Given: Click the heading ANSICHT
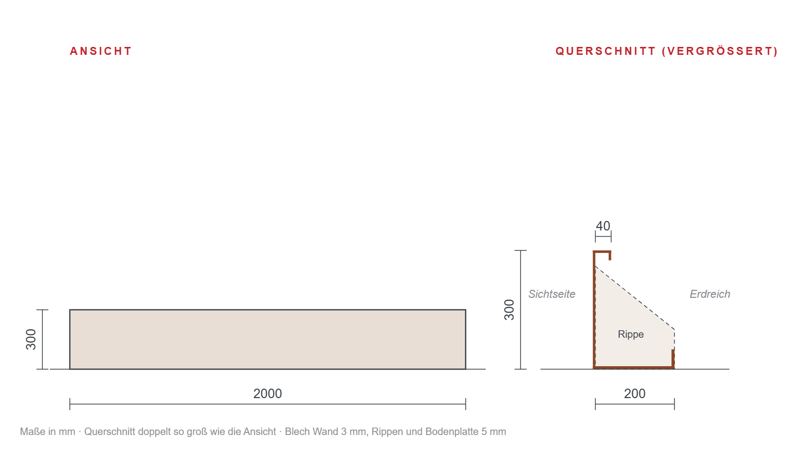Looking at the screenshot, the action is point(101,51).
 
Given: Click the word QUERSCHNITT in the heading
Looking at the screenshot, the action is point(605,51).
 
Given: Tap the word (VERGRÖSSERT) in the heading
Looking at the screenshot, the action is point(720,51).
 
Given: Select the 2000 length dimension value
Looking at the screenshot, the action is point(267,394).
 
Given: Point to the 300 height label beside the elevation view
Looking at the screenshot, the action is point(31,340).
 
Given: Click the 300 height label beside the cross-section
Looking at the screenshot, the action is point(509,310).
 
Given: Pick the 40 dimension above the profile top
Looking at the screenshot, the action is point(603,226).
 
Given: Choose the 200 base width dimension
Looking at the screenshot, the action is point(635,394).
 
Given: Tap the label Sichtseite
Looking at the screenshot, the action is point(552,294).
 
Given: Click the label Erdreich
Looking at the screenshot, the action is point(710,294).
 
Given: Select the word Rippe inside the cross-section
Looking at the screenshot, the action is point(631,335).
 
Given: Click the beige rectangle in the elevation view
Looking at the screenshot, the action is point(267,340).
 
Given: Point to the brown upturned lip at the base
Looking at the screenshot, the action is point(673,358).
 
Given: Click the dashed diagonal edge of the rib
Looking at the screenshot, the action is point(635,298).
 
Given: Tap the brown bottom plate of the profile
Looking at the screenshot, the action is point(634,367).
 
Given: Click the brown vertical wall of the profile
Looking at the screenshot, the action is point(594,310).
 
